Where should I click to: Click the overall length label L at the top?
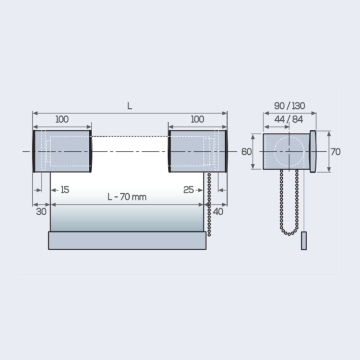tap(130, 106)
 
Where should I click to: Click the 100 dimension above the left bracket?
tap(62, 119)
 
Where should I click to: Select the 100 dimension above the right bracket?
tap(198, 119)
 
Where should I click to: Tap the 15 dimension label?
tap(65, 190)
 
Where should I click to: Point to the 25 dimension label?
tap(188, 190)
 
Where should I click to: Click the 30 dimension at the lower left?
tap(41, 212)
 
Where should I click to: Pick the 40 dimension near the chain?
tap(218, 212)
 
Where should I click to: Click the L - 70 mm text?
tap(127, 197)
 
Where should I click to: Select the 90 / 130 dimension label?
tap(290, 106)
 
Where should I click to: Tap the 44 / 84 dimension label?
tap(288, 119)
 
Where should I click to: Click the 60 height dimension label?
tap(246, 152)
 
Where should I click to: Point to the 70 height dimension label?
tap(336, 152)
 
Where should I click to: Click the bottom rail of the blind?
tap(127, 240)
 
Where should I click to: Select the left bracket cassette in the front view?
tap(62, 151)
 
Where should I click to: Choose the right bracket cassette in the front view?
tap(198, 151)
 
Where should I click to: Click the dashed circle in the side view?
tap(289, 152)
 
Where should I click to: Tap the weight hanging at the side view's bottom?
tap(304, 241)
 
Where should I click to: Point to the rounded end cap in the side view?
tap(313, 152)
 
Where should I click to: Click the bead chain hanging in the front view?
tap(209, 204)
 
